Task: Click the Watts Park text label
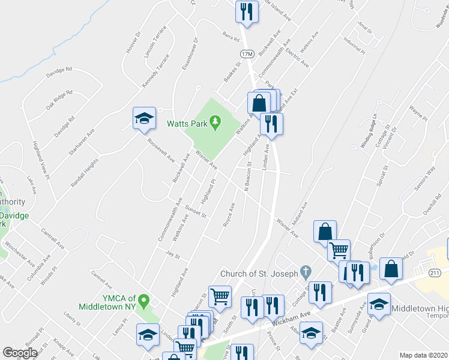pyautogui.click(x=187, y=124)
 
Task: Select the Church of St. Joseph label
pyautogui.click(x=259, y=274)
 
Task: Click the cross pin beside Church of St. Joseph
pyautogui.click(x=306, y=272)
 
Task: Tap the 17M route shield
pyautogui.click(x=247, y=54)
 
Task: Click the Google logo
pyautogui.click(x=20, y=353)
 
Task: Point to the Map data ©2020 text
pyautogui.click(x=423, y=355)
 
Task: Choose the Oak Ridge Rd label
pyautogui.click(x=59, y=100)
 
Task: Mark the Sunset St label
pyautogui.click(x=196, y=211)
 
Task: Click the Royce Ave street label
pyautogui.click(x=229, y=214)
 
